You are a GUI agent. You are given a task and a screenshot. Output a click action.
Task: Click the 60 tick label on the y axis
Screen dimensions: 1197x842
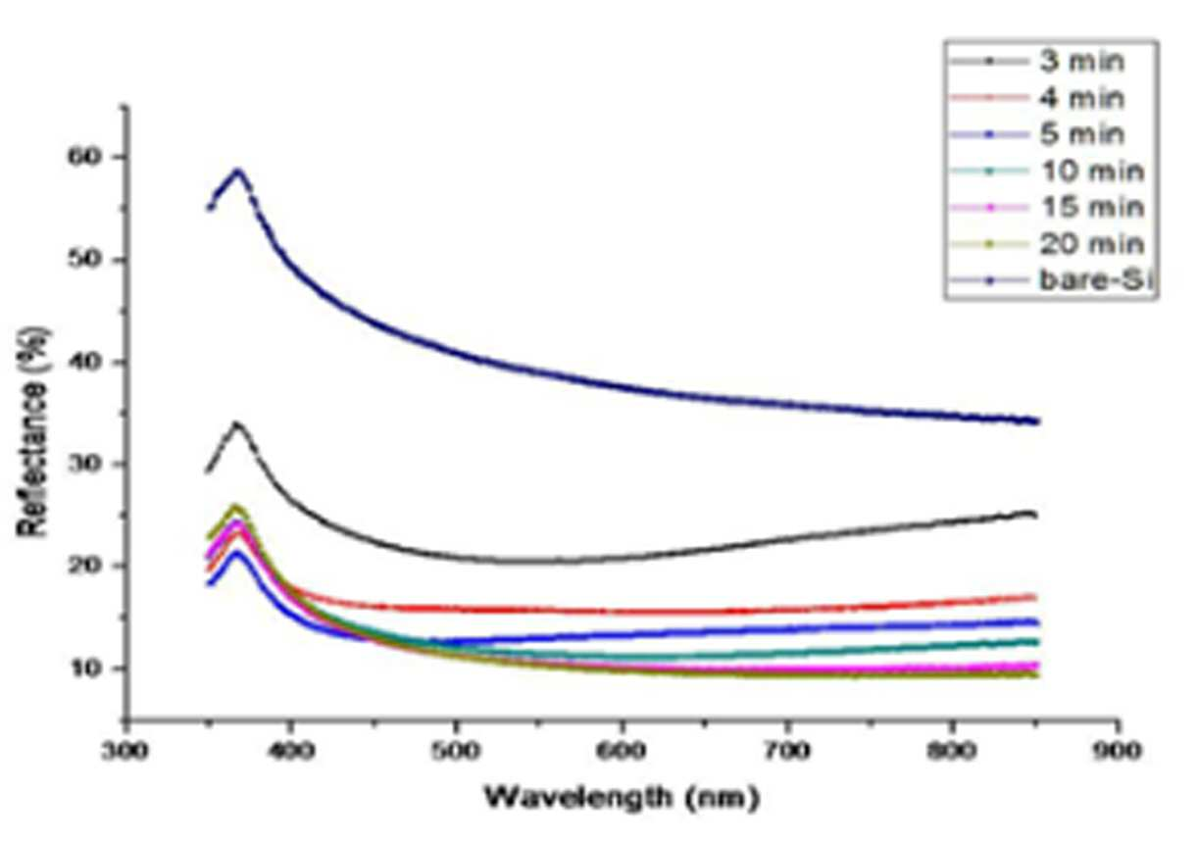click(x=86, y=157)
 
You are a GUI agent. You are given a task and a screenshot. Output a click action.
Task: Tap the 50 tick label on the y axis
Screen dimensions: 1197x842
click(x=86, y=260)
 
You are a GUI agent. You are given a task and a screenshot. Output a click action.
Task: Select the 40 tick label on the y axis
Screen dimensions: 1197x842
click(x=86, y=363)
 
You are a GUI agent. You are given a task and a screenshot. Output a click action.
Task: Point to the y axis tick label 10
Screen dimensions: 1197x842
click(x=86, y=668)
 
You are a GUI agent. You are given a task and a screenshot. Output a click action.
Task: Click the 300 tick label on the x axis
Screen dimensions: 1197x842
click(x=125, y=752)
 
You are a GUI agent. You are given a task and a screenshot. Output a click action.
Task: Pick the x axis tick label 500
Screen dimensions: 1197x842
click(x=455, y=752)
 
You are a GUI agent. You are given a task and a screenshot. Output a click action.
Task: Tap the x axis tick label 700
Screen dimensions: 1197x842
click(x=786, y=752)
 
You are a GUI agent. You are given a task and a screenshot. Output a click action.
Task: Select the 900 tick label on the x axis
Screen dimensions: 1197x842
click(x=1117, y=752)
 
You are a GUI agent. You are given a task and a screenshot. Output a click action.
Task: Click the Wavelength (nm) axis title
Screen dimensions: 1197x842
click(x=622, y=798)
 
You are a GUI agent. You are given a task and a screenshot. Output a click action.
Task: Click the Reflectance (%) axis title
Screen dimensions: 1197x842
click(x=33, y=431)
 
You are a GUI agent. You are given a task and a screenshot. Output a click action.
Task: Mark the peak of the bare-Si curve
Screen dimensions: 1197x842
click(x=238, y=171)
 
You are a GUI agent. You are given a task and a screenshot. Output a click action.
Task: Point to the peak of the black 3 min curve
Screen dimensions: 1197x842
click(x=236, y=424)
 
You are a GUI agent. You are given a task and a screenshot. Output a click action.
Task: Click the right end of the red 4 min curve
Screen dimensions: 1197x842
click(x=1036, y=597)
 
